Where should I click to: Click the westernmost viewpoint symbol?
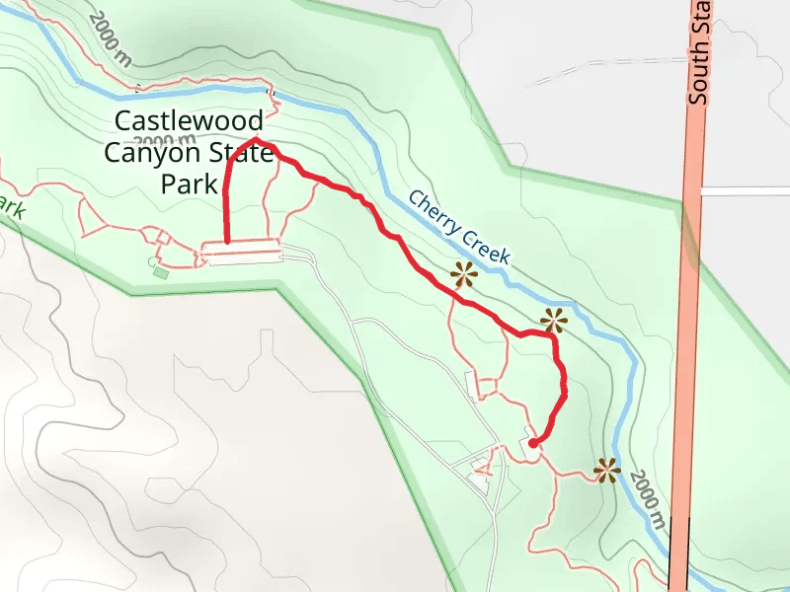pos(463,275)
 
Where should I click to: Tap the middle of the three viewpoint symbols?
pos(554,320)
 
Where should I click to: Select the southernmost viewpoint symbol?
pos(606,471)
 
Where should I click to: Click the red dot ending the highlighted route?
pos(533,444)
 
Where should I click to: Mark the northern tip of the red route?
pos(256,140)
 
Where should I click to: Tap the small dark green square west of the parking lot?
pos(161,270)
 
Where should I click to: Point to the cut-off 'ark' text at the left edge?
pos(10,208)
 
